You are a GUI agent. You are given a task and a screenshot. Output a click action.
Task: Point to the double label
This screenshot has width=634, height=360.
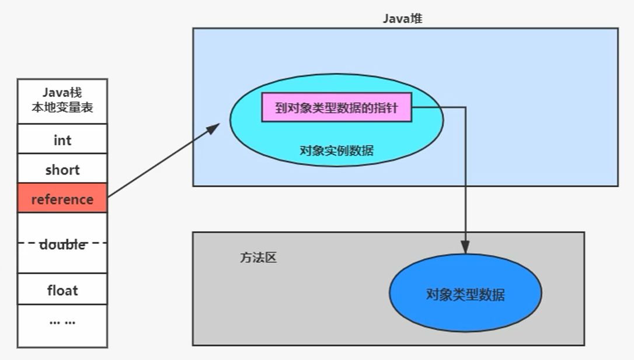tap(62, 244)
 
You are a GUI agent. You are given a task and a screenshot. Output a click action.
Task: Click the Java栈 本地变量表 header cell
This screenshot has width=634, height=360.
tap(62, 100)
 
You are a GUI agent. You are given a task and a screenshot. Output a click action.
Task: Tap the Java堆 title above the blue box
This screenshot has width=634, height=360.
tap(402, 18)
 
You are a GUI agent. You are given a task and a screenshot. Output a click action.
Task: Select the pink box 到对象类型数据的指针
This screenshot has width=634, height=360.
tap(336, 107)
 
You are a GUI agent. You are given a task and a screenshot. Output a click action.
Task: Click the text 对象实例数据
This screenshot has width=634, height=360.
tap(336, 151)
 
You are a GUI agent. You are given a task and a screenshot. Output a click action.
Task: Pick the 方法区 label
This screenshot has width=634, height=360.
tap(258, 257)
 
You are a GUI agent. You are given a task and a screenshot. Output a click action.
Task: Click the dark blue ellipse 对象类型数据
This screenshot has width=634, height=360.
tap(465, 293)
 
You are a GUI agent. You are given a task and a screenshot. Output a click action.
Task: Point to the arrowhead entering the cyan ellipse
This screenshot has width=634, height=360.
tap(214, 127)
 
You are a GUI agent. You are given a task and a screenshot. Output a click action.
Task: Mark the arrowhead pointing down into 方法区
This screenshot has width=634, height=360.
tap(465, 247)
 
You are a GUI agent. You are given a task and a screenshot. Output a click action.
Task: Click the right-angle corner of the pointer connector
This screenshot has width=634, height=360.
tap(465, 107)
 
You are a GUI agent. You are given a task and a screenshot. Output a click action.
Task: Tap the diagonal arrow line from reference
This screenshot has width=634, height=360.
tap(161, 163)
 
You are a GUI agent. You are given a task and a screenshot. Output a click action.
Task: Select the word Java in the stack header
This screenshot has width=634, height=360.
tap(54, 93)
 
